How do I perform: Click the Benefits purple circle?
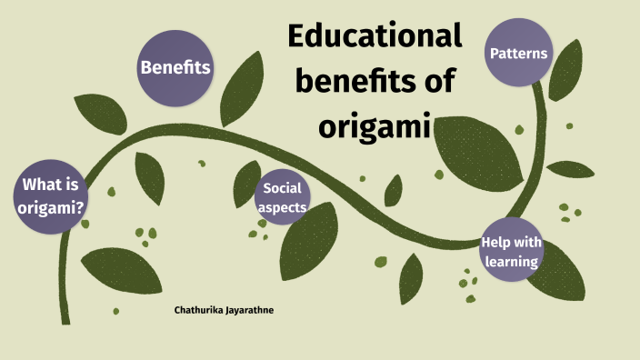(x=175, y=67)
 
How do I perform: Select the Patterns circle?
(x=519, y=54)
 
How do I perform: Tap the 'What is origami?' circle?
(x=51, y=196)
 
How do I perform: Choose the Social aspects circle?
(x=281, y=197)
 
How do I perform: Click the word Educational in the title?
(x=375, y=37)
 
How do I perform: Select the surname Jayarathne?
(x=252, y=311)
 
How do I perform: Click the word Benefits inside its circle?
(x=175, y=67)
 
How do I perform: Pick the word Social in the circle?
(x=282, y=188)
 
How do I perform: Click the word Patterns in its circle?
(x=519, y=54)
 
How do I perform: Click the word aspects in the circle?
(x=281, y=207)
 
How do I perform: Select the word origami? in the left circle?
(x=51, y=207)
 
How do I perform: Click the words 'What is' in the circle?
(x=51, y=186)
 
